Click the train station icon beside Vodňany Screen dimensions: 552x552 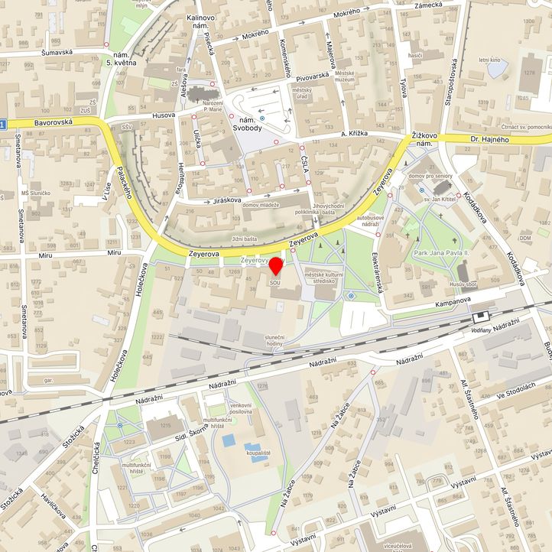[x=482, y=315]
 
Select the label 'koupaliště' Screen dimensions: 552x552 [x=258, y=453]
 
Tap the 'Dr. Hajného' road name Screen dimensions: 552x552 [x=489, y=138]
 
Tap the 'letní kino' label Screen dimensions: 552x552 [x=489, y=60]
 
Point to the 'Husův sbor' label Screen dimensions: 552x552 [x=463, y=284]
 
